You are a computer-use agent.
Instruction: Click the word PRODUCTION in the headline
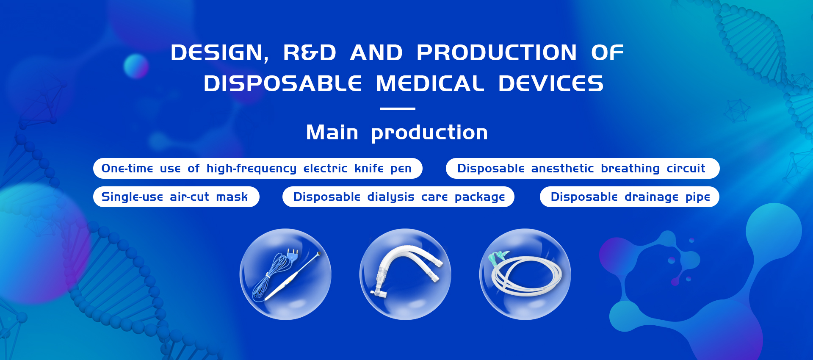[x=496, y=53]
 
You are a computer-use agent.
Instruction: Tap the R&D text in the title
[x=310, y=53]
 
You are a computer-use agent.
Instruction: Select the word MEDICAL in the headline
[x=430, y=83]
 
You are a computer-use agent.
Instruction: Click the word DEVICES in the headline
[x=550, y=83]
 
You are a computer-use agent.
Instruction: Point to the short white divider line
[x=398, y=109]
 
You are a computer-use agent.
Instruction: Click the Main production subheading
[x=397, y=133]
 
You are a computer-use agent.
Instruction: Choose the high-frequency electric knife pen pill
[x=258, y=169]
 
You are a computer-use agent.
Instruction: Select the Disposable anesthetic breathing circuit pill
[x=583, y=169]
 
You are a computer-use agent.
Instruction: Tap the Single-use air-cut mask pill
[x=176, y=197]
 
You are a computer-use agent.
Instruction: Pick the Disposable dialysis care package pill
[x=398, y=197]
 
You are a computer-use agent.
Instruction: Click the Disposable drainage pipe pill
[x=630, y=197]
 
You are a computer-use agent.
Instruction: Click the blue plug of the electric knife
[x=292, y=254]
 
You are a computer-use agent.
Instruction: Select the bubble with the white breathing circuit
[x=405, y=274]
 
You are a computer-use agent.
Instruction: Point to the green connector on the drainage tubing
[x=497, y=257]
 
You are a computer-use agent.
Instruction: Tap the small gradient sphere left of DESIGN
[x=136, y=66]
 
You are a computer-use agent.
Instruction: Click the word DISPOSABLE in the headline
[x=283, y=83]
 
